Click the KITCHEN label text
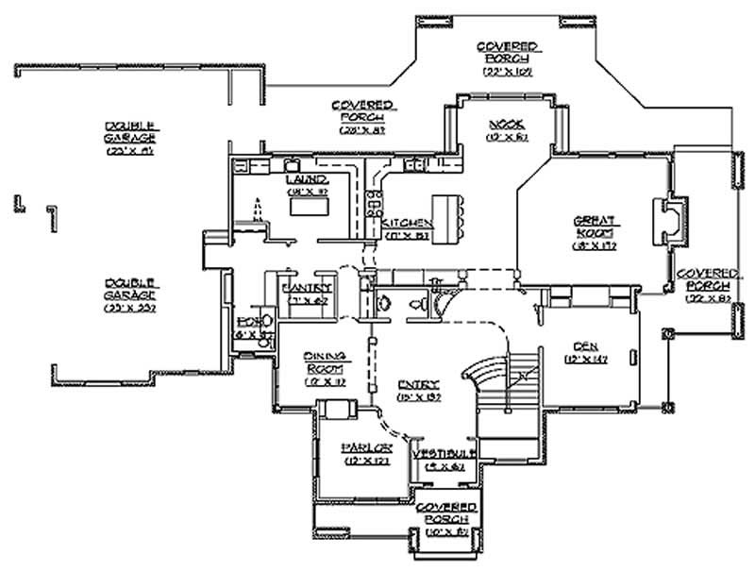pyautogui.click(x=408, y=225)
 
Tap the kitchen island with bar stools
pyautogui.click(x=450, y=217)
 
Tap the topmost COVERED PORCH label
pyautogui.click(x=507, y=57)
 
